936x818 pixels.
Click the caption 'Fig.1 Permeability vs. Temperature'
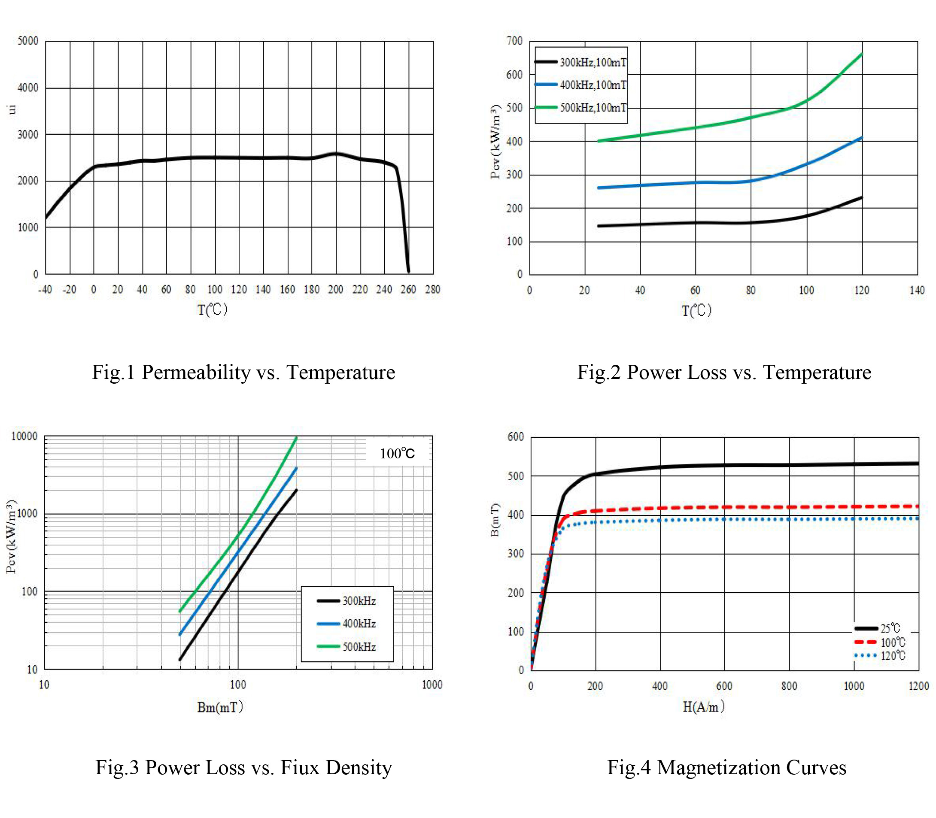click(243, 372)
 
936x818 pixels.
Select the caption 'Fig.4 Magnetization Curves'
click(726, 767)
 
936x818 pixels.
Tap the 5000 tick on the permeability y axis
click(28, 41)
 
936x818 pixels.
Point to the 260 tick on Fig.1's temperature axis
click(408, 289)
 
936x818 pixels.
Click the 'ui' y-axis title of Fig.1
click(12, 109)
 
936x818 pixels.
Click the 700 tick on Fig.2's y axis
click(514, 41)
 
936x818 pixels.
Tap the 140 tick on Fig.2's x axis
click(917, 290)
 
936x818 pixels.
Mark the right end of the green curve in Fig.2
click(862, 54)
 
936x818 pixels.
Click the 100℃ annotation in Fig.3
click(397, 453)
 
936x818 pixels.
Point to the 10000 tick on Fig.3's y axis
click(24, 436)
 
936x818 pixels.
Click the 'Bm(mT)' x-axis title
click(220, 707)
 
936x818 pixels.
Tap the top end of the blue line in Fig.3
click(296, 468)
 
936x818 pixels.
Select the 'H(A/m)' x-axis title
click(703, 707)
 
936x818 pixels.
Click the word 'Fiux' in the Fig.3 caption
click(300, 767)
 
